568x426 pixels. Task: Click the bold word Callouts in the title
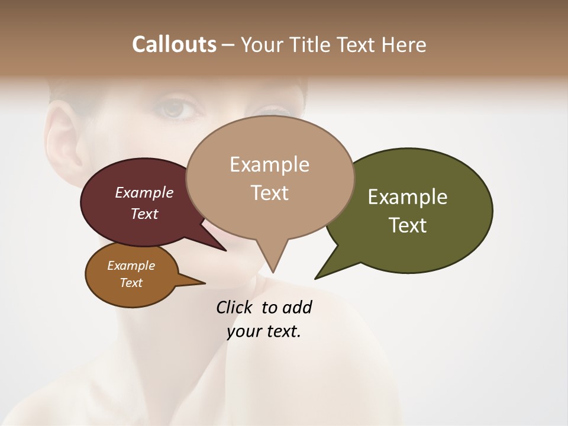(174, 44)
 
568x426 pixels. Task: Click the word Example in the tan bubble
(269, 164)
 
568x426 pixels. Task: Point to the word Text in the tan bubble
(269, 193)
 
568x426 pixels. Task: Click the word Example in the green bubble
(408, 197)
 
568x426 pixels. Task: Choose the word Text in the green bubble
(408, 225)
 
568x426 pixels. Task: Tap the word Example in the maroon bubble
(144, 192)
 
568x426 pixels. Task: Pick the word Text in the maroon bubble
(144, 214)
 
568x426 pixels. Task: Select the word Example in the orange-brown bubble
(131, 266)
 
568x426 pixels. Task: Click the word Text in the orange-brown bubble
(131, 283)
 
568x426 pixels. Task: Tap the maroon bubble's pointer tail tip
(225, 250)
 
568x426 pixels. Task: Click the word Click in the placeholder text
(235, 307)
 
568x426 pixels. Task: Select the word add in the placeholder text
(297, 307)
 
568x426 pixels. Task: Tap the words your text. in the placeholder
(264, 331)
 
